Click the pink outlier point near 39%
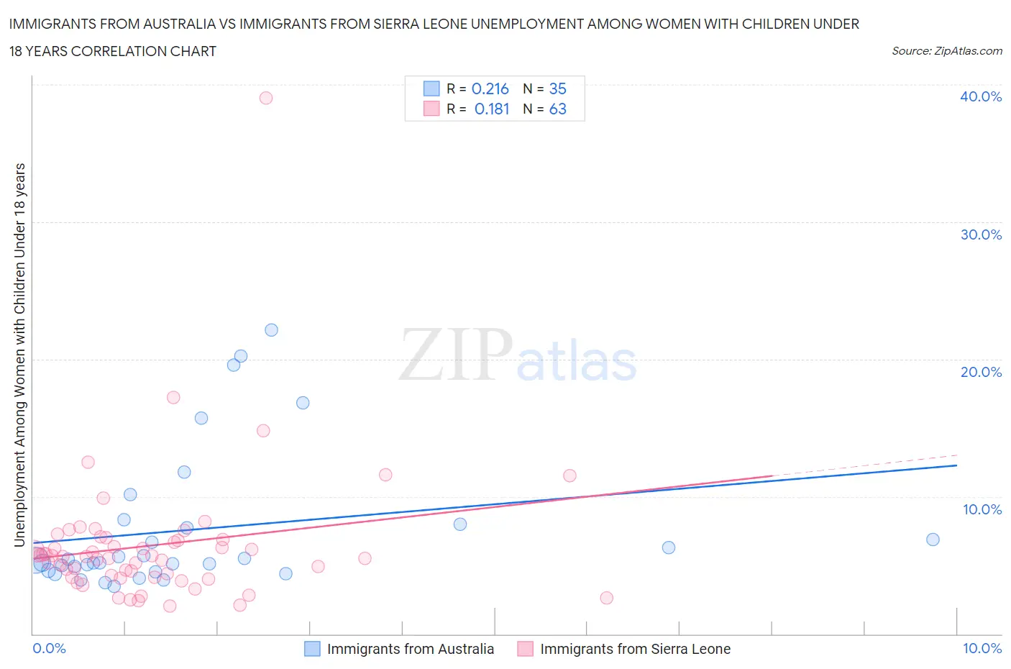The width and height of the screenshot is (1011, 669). [266, 98]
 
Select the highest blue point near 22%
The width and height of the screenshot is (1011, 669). [271, 330]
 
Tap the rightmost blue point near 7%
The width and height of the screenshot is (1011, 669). [933, 540]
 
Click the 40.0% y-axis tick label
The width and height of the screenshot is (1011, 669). [981, 96]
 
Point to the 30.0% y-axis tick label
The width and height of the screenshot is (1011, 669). [981, 235]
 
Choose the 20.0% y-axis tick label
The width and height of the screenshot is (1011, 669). [981, 372]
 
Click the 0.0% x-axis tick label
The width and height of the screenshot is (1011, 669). [49, 648]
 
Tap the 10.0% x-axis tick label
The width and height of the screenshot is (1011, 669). [982, 648]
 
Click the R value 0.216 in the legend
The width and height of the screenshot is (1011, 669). [490, 88]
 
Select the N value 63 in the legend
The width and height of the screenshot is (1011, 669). [558, 109]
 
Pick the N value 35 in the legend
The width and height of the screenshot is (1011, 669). [558, 88]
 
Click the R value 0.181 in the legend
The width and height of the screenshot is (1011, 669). [492, 109]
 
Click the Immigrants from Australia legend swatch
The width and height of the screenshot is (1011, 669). [312, 649]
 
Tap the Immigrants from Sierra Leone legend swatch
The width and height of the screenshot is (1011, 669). [526, 649]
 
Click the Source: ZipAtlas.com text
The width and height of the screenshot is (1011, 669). [946, 50]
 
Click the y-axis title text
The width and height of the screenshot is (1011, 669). [20, 355]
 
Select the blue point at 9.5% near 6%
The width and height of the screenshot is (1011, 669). [669, 547]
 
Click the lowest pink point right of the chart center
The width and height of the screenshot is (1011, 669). [606, 598]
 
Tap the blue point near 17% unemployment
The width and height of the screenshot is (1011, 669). [303, 403]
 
